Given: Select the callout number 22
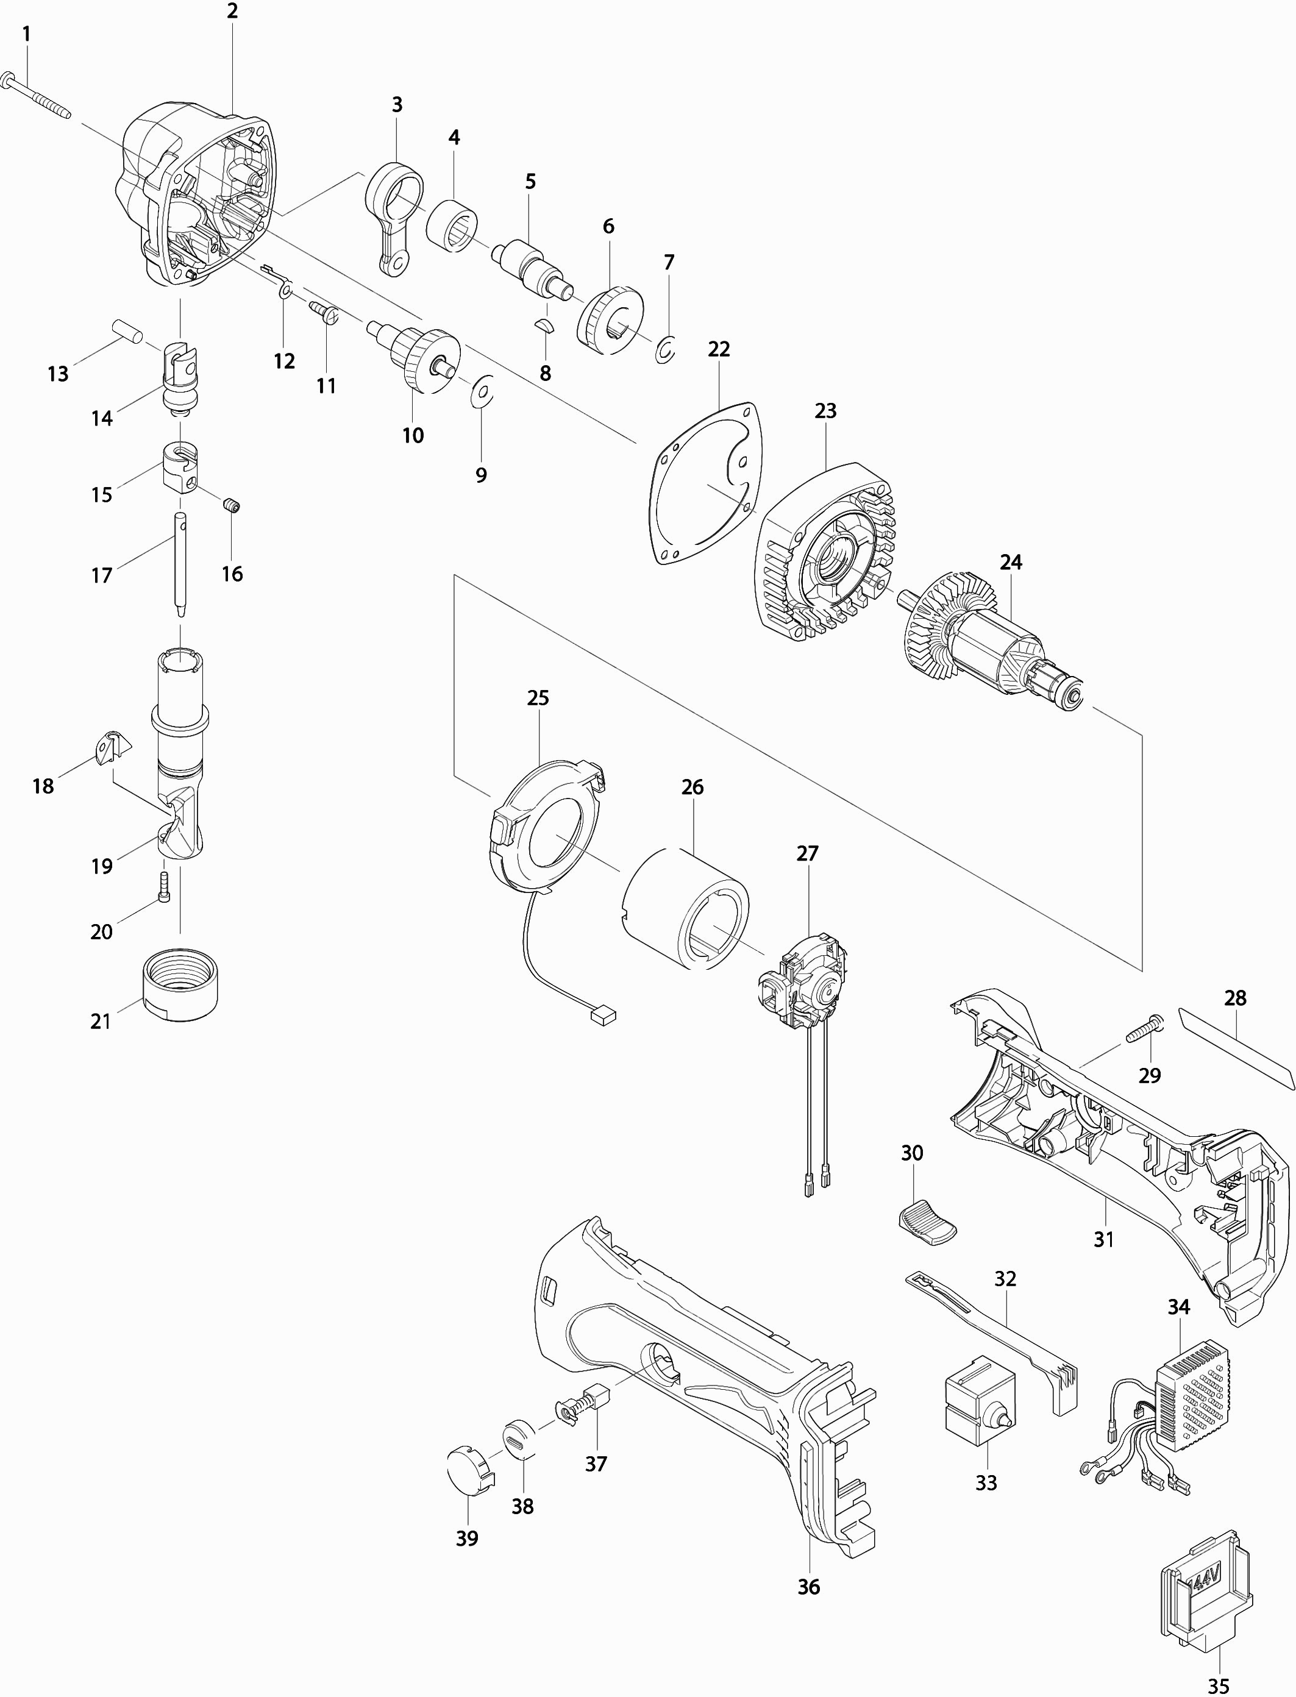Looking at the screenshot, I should pyautogui.click(x=719, y=349).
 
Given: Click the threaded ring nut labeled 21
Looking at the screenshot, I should pyautogui.click(x=180, y=987).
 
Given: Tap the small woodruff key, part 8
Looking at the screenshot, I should pyautogui.click(x=544, y=326).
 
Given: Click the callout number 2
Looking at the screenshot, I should pyautogui.click(x=232, y=11).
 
